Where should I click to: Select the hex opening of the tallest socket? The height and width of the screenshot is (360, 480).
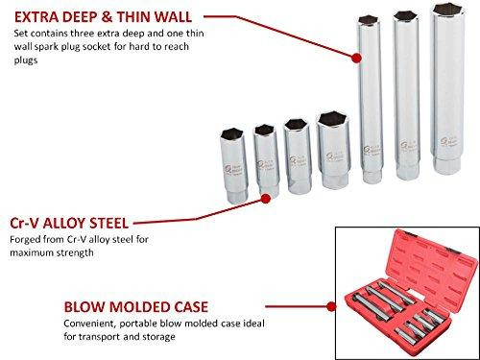pos(444,11)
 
